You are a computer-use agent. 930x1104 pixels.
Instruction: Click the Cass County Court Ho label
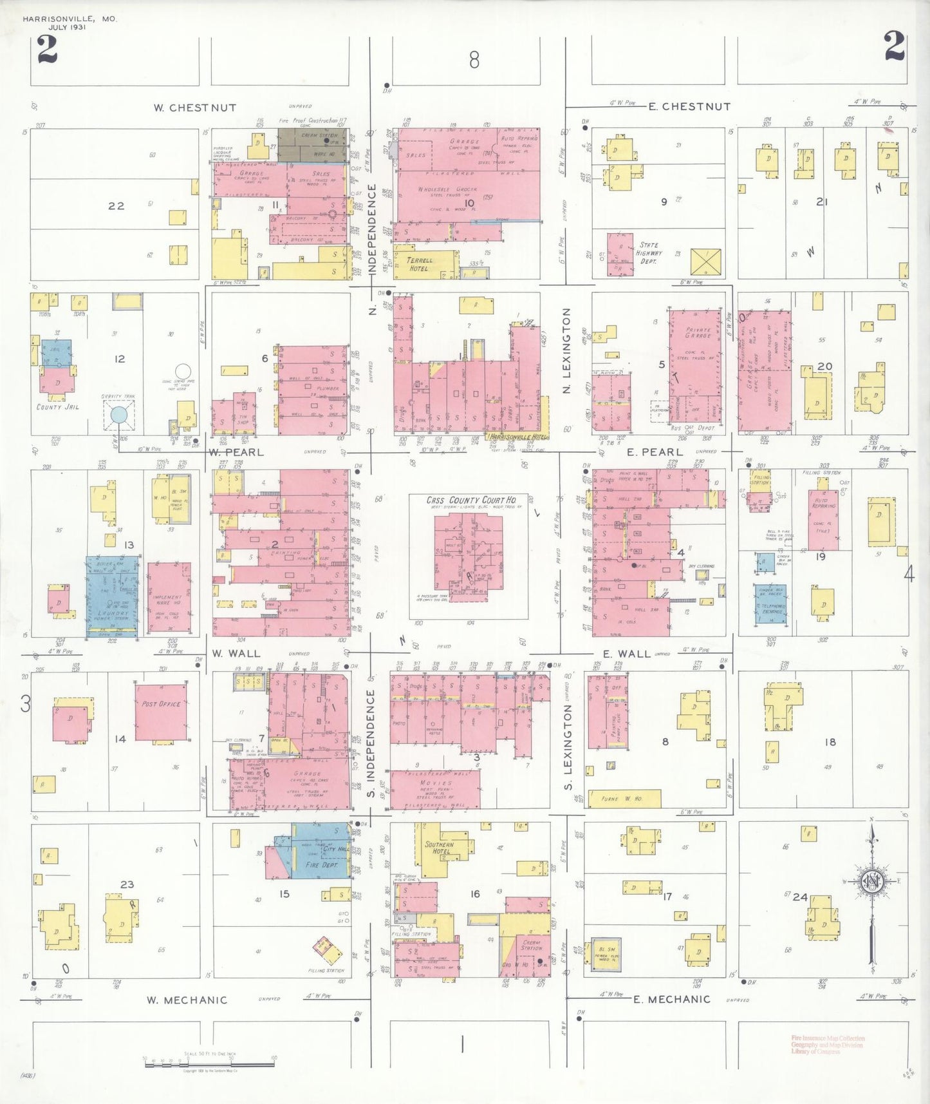tap(471, 500)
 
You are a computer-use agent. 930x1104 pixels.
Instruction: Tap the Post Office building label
tap(161, 704)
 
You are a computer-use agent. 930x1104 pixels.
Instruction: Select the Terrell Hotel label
tap(420, 264)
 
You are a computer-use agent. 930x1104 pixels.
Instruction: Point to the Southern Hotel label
tap(439, 847)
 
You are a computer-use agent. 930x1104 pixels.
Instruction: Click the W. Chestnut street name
tap(194, 108)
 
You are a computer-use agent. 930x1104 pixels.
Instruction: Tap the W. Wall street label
tap(236, 653)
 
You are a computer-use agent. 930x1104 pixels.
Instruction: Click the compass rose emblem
tap(873, 882)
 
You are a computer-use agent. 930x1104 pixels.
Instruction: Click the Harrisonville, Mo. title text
tap(70, 19)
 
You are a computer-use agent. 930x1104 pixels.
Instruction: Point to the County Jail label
tap(58, 407)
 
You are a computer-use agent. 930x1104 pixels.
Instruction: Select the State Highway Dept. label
tap(649, 253)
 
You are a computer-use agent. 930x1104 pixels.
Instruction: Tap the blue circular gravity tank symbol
tap(119, 414)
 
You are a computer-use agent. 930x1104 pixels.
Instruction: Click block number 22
tap(116, 206)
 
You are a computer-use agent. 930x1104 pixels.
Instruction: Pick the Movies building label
tap(436, 783)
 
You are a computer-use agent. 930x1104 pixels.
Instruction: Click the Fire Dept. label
tap(321, 865)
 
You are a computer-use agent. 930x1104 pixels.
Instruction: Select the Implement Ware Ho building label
tap(167, 600)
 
